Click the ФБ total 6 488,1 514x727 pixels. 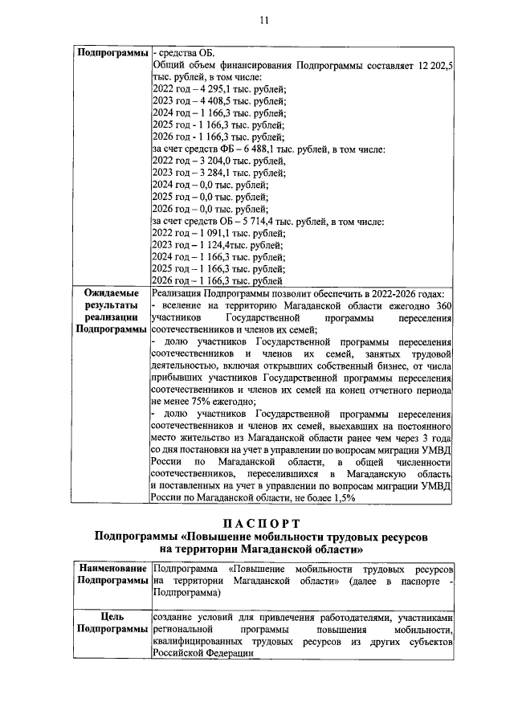coord(267,150)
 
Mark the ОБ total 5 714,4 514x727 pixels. coord(267,222)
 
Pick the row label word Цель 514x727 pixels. coord(112,618)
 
